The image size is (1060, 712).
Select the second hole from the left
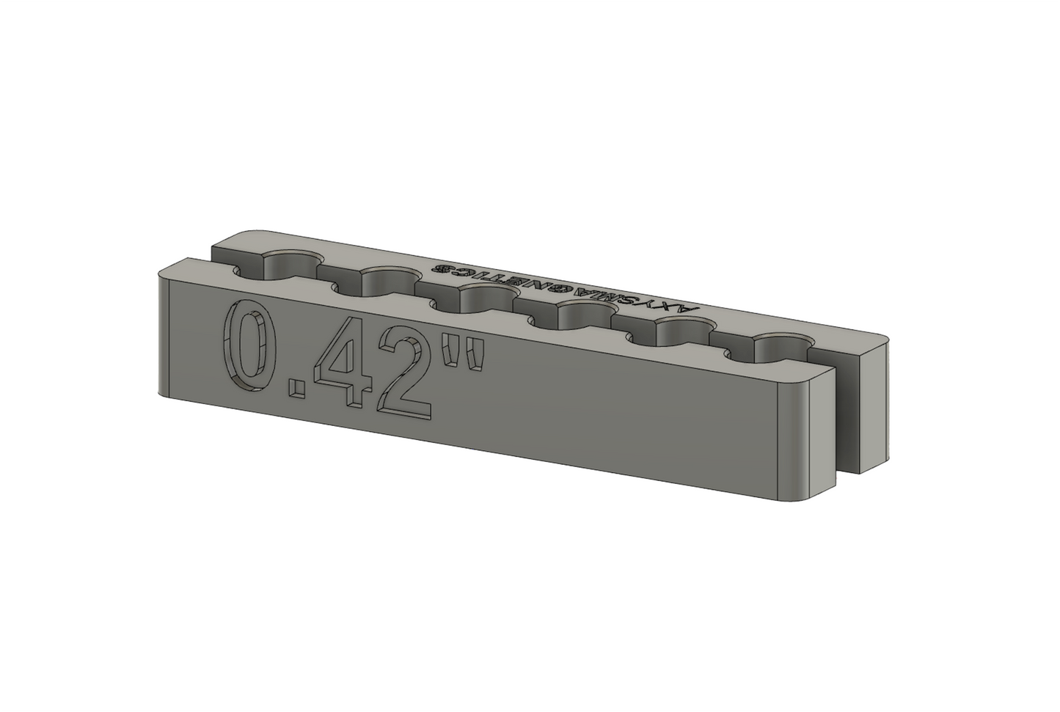click(x=389, y=280)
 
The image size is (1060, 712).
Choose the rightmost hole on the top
click(x=781, y=348)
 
